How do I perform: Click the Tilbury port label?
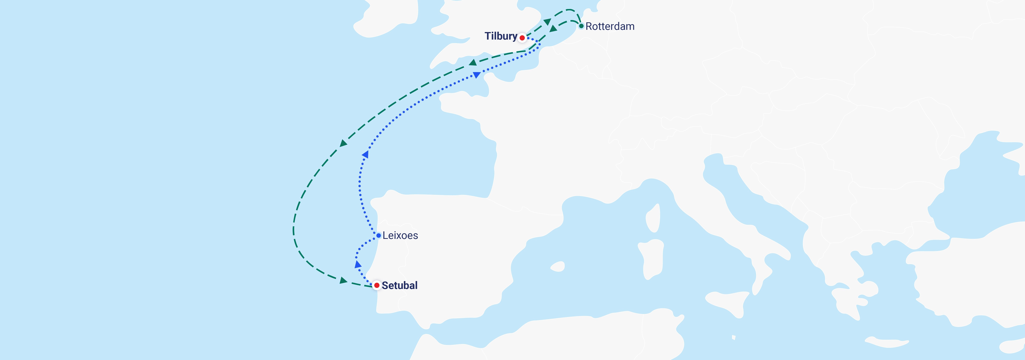[500, 36]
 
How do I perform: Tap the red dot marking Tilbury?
[522, 38]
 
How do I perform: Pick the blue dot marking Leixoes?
[378, 235]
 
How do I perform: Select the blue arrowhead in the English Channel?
[476, 75]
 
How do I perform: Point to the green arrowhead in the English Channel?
[473, 62]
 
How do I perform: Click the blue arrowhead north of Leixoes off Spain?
[365, 154]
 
